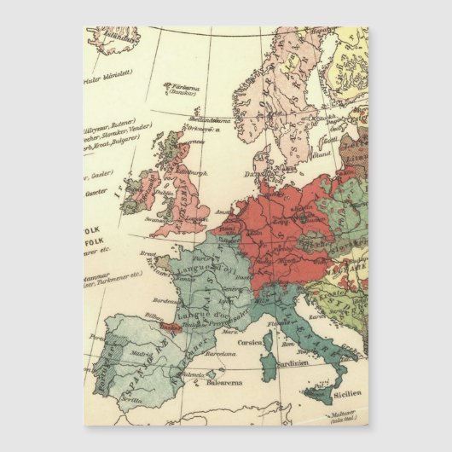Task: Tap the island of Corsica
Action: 268,343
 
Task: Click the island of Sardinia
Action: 269,368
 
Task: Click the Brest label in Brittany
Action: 148,253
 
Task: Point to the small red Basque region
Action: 168,326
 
